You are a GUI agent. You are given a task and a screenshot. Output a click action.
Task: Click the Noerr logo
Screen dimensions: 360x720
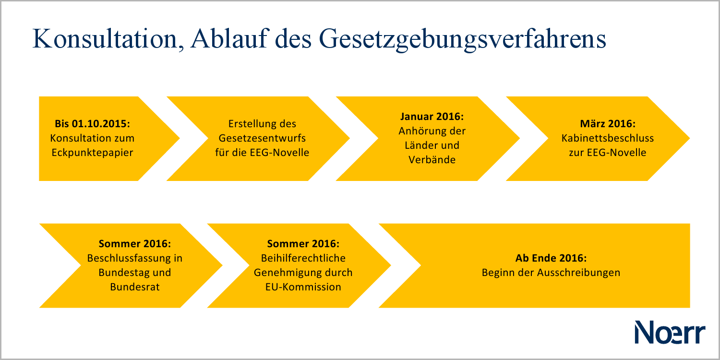point(670,332)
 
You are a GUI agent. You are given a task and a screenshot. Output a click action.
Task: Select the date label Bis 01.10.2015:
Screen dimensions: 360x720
point(93,124)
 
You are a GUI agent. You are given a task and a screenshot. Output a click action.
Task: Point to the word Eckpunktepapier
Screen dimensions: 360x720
point(93,153)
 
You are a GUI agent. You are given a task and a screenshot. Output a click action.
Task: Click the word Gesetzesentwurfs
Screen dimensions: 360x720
point(262,138)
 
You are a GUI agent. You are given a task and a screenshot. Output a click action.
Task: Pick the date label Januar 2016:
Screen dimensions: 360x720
point(432,117)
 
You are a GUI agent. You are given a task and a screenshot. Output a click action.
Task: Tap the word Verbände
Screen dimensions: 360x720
point(432,160)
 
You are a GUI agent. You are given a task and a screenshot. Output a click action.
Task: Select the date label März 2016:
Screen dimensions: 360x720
point(608,124)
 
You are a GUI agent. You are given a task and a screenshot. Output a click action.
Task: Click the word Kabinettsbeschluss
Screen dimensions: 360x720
point(608,138)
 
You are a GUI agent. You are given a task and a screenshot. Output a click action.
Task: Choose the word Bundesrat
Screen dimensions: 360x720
point(135,287)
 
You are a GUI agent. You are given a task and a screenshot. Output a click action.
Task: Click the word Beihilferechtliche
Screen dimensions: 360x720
point(303,258)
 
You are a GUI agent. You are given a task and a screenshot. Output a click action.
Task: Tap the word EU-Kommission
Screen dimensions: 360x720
point(303,287)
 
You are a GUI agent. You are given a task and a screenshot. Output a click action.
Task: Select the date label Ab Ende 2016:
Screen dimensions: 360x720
point(551,258)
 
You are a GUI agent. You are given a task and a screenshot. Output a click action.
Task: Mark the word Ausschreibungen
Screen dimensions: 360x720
point(581,273)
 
